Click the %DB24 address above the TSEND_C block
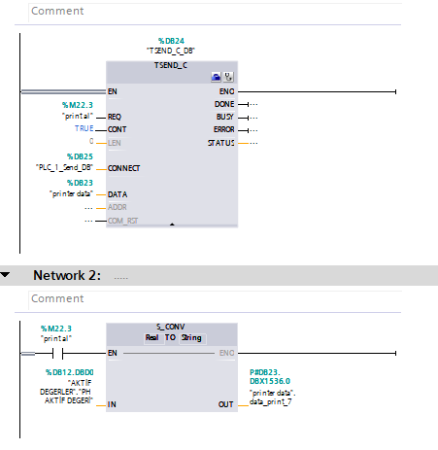171,41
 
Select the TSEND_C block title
171,65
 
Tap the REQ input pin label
115,117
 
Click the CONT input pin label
117,129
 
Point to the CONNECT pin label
123,168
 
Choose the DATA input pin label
118,194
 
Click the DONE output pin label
224,104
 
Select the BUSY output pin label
225,117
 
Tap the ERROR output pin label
224,129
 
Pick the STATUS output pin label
221,143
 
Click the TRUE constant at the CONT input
84,128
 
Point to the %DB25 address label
80,156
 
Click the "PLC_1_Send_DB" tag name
64,167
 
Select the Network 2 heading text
67,275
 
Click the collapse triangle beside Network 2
5,275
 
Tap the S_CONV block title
171,327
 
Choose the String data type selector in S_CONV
192,338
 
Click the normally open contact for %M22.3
57,353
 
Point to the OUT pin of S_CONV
225,404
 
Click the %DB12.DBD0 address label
70,372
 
